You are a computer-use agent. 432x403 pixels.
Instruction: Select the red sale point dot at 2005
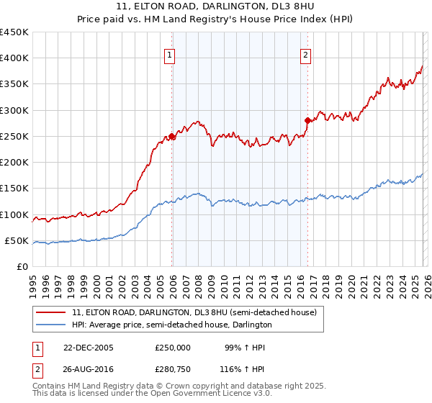[172, 136]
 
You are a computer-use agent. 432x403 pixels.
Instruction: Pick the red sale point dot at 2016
[307, 120]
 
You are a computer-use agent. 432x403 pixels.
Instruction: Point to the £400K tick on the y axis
[14, 58]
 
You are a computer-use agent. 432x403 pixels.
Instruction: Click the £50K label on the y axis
[16, 240]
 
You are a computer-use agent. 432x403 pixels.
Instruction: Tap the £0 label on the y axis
[22, 266]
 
